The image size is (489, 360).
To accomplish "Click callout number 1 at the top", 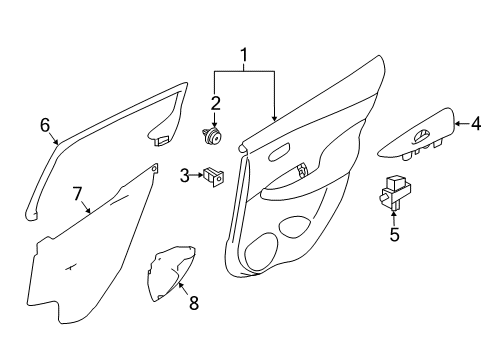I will pos(240,54).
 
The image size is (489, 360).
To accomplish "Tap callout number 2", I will pos(215,102).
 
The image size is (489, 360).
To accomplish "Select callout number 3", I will pos(185,176).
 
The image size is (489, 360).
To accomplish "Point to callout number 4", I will pos(476,125).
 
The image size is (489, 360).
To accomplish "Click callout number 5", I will pos(394,235).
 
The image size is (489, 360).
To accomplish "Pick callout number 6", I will pos(44,125).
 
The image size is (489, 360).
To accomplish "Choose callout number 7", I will pos(76,193).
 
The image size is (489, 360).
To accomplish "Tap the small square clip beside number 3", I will pos(213,176).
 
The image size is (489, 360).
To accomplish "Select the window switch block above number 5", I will pos(395,192).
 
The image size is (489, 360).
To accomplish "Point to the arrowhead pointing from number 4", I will pos(460,125).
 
